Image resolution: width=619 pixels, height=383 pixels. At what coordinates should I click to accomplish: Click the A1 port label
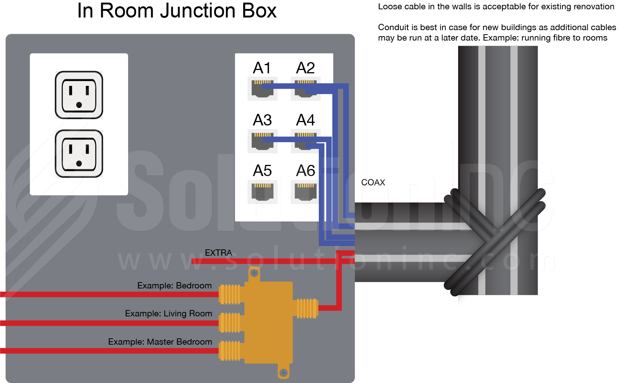tap(262, 68)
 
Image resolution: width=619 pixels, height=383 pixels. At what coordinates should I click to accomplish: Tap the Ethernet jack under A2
tap(305, 89)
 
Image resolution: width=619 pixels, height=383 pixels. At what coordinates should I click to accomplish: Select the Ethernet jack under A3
tap(263, 141)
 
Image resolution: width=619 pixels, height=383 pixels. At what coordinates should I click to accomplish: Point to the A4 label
tap(305, 120)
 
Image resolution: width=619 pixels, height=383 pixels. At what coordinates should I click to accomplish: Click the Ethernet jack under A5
tap(263, 192)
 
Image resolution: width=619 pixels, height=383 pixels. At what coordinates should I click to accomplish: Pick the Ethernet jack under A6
tap(305, 192)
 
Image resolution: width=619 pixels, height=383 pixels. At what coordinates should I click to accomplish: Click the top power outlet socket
tap(79, 95)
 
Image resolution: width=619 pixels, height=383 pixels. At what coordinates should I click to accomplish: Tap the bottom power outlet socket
tap(79, 153)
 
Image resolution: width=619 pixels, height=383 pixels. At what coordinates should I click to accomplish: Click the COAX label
tap(373, 182)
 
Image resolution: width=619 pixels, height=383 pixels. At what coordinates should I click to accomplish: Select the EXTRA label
tap(218, 253)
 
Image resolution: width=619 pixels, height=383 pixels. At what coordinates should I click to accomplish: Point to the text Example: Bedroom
tap(174, 285)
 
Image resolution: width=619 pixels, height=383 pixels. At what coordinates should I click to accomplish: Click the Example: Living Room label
tap(168, 313)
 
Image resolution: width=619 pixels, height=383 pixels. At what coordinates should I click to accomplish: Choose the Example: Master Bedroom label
tap(160, 342)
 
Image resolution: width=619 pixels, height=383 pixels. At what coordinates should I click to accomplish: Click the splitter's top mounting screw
tap(254, 273)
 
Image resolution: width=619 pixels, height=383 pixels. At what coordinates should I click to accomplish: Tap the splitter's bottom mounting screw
tap(283, 372)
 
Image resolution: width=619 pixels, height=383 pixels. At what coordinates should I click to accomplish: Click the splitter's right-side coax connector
tap(306, 309)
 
